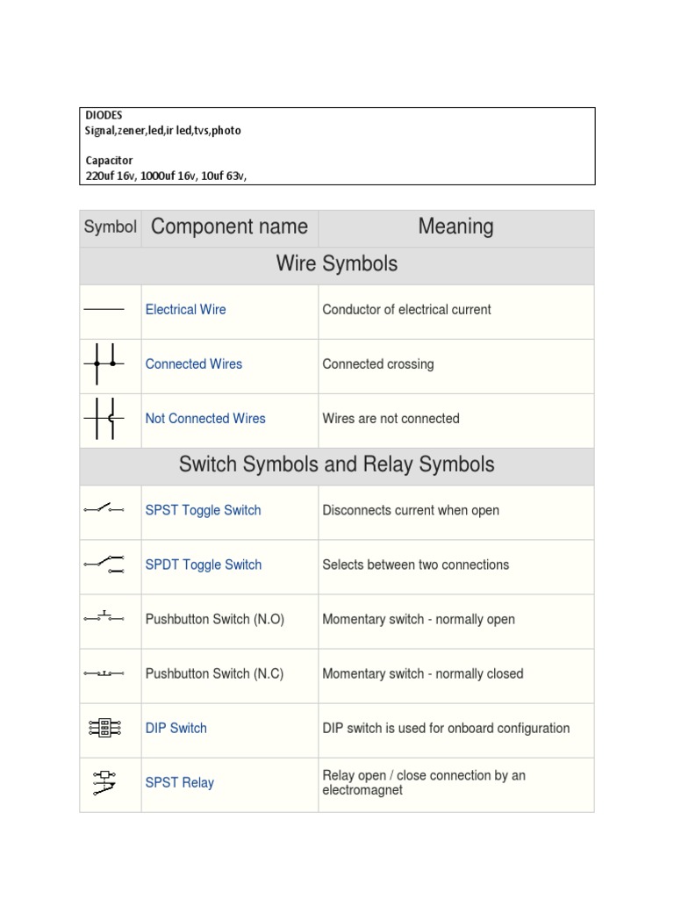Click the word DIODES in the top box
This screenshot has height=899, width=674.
104,115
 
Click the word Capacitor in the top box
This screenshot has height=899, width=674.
109,161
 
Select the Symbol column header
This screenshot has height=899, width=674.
111,227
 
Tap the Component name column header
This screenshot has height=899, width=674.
229,227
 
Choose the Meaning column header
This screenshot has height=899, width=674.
455,227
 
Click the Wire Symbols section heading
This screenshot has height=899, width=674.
336,263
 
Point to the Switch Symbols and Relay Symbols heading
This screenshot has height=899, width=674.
336,464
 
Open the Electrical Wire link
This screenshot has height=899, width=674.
185,309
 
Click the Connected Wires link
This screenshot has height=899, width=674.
193,363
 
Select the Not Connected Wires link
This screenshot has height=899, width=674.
205,418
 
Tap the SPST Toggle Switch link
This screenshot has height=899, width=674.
203,510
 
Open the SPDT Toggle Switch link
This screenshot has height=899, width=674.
204,565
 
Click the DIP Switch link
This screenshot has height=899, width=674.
176,728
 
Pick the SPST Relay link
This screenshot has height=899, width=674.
179,782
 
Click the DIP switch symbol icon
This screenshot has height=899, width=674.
104,728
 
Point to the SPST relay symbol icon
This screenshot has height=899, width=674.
104,782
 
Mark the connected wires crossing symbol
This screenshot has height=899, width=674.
104,363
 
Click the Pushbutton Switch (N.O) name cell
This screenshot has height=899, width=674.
214,619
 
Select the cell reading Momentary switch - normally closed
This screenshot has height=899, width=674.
422,673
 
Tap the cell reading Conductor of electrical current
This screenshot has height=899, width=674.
406,309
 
